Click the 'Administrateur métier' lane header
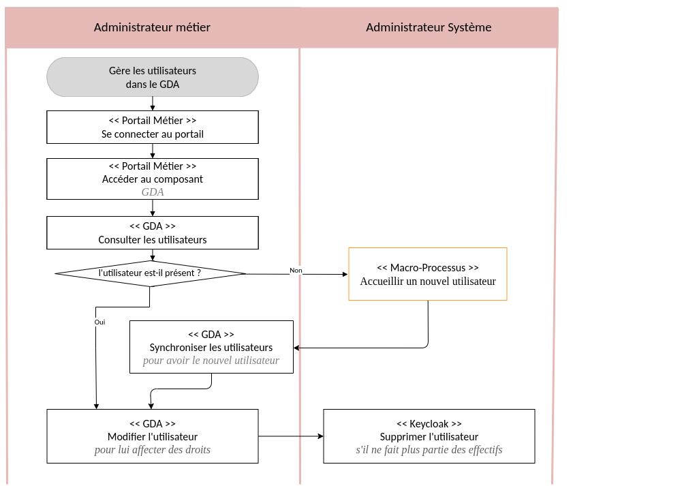click(x=152, y=28)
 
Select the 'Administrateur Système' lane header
click(x=429, y=28)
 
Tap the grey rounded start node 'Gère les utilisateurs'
click(x=153, y=77)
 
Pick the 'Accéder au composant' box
click(x=153, y=179)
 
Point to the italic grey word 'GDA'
click(x=153, y=192)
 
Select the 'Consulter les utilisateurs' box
click(x=153, y=233)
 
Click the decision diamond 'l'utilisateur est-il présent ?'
click(x=150, y=273)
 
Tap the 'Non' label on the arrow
click(x=296, y=271)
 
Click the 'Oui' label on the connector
click(x=99, y=322)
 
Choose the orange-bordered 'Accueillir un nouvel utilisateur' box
click(x=428, y=274)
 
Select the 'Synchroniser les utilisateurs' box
click(x=211, y=347)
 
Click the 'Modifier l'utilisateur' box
click(x=153, y=436)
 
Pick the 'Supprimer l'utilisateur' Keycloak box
click(x=429, y=436)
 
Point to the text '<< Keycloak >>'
click(x=429, y=423)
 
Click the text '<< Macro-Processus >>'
click(x=428, y=268)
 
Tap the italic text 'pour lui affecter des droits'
click(x=153, y=450)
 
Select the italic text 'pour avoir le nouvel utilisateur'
click(x=211, y=361)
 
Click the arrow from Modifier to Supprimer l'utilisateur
click(x=291, y=436)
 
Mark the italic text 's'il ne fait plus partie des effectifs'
click(x=429, y=450)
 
